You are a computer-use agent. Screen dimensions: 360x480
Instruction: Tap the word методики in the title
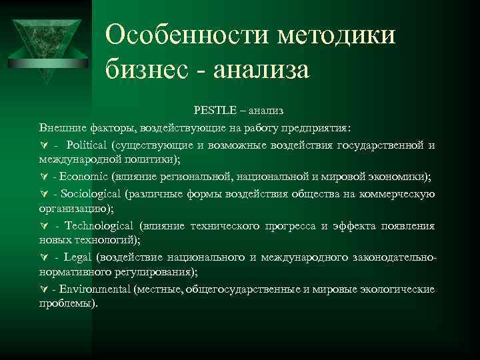coord(330,34)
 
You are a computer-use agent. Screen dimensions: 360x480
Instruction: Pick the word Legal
coord(79,257)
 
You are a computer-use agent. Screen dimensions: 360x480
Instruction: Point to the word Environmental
coord(95,289)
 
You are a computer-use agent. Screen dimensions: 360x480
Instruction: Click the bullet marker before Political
coord(44,145)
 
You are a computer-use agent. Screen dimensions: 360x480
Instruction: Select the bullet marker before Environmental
coord(44,289)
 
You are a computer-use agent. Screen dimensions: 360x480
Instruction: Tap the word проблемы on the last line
coord(67,304)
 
